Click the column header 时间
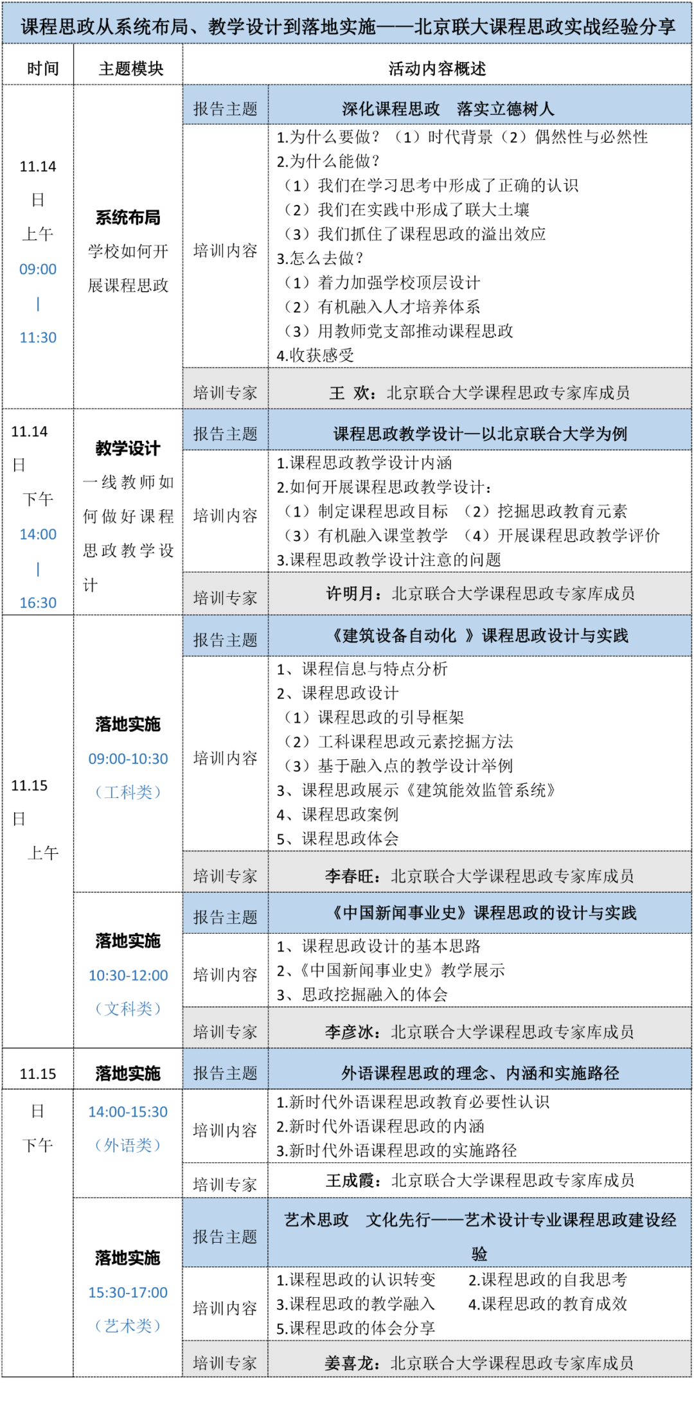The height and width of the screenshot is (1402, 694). (42, 69)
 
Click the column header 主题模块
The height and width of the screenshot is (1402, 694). (131, 69)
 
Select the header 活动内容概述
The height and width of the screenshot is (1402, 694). (437, 69)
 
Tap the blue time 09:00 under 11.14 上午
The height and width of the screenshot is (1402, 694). (38, 269)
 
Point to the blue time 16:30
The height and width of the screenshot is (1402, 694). (38, 603)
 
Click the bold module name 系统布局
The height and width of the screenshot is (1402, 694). (128, 218)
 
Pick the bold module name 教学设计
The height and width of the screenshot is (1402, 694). (128, 448)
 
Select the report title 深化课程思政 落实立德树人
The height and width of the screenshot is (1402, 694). (448, 109)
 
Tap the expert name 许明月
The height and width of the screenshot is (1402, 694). (350, 594)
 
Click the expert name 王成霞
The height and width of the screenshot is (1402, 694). (350, 1180)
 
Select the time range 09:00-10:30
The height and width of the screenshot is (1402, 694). (128, 759)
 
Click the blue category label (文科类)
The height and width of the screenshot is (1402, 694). (128, 1009)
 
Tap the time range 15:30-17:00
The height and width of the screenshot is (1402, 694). (128, 1293)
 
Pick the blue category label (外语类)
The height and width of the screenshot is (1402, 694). (128, 1145)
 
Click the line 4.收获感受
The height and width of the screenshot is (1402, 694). (315, 355)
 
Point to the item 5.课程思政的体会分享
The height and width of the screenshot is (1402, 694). (355, 1328)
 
